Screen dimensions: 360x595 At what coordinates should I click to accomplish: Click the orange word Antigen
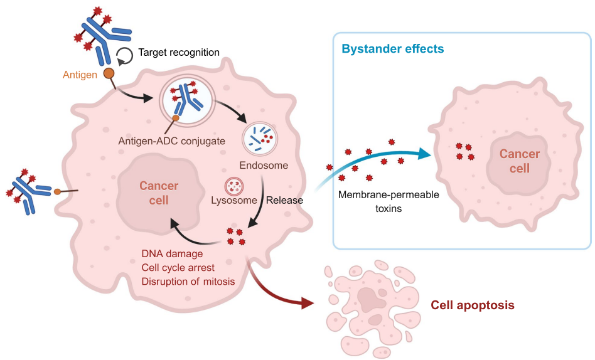click(80, 75)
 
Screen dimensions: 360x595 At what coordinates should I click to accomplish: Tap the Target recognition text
click(179, 53)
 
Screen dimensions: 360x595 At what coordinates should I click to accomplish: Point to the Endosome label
click(264, 166)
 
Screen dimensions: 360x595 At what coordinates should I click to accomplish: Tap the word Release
click(284, 201)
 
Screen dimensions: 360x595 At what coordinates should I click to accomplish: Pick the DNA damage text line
click(172, 254)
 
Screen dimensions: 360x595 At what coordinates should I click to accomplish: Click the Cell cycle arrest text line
click(178, 268)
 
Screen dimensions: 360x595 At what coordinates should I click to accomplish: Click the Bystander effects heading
click(393, 49)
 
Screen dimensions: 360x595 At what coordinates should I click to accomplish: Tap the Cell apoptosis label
click(473, 305)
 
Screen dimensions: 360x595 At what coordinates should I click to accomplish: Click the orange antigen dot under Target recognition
click(109, 73)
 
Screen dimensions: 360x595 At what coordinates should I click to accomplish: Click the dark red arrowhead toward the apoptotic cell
click(307, 304)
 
